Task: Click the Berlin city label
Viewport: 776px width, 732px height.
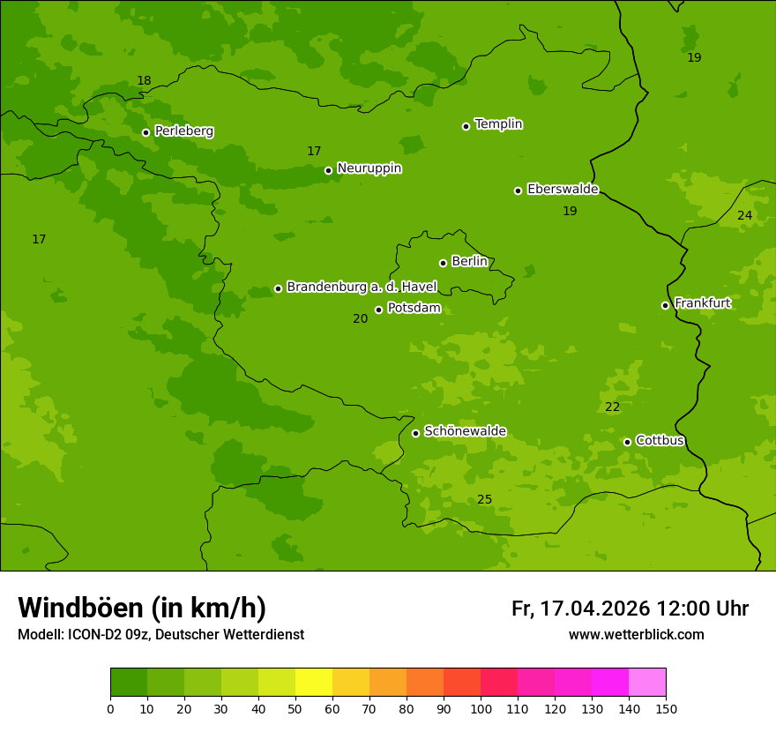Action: tap(469, 261)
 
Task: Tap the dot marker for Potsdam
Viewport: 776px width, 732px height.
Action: tap(379, 310)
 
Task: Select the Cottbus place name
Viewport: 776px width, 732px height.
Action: tap(660, 440)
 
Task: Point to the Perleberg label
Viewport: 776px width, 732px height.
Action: tap(183, 131)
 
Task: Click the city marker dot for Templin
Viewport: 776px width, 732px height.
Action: tap(466, 126)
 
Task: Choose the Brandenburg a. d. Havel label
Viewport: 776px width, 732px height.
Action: tap(362, 287)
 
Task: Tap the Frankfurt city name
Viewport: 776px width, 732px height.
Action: tap(702, 303)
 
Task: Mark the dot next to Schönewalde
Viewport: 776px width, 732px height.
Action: tap(416, 433)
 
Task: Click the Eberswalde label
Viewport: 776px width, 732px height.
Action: tap(563, 189)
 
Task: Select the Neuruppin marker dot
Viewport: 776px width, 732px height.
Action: tap(328, 170)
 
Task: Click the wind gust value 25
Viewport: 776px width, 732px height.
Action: tap(484, 500)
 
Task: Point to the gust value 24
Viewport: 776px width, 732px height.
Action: tap(744, 216)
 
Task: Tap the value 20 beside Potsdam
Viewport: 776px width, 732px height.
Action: tap(360, 319)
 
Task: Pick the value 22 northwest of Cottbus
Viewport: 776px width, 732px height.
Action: tap(612, 407)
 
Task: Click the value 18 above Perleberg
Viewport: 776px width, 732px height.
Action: tap(144, 81)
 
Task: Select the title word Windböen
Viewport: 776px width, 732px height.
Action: tap(80, 608)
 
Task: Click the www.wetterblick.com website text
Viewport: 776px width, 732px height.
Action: tap(636, 635)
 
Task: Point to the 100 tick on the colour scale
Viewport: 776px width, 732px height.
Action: tap(481, 708)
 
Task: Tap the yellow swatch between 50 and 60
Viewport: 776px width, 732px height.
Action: tap(314, 683)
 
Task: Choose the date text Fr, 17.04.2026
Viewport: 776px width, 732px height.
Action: tap(580, 609)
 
